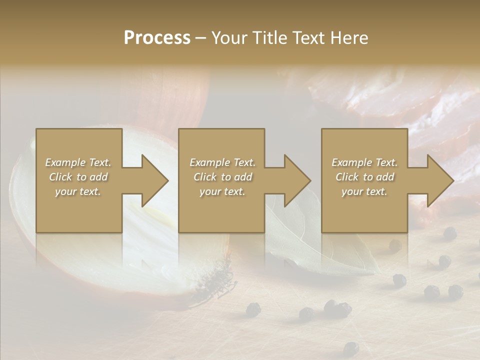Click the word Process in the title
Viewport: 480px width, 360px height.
[x=157, y=38]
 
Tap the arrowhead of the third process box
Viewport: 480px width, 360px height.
[x=439, y=180]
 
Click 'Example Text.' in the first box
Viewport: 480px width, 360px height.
[x=78, y=162]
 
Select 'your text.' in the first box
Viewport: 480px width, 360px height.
[x=78, y=191]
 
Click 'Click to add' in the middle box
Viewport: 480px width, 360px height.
[x=222, y=177]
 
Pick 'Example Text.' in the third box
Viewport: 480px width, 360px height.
[x=364, y=162]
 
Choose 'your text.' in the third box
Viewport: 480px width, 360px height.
[x=364, y=191]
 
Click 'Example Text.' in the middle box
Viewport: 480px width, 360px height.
[x=222, y=162]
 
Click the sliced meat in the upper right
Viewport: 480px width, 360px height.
[x=400, y=100]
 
